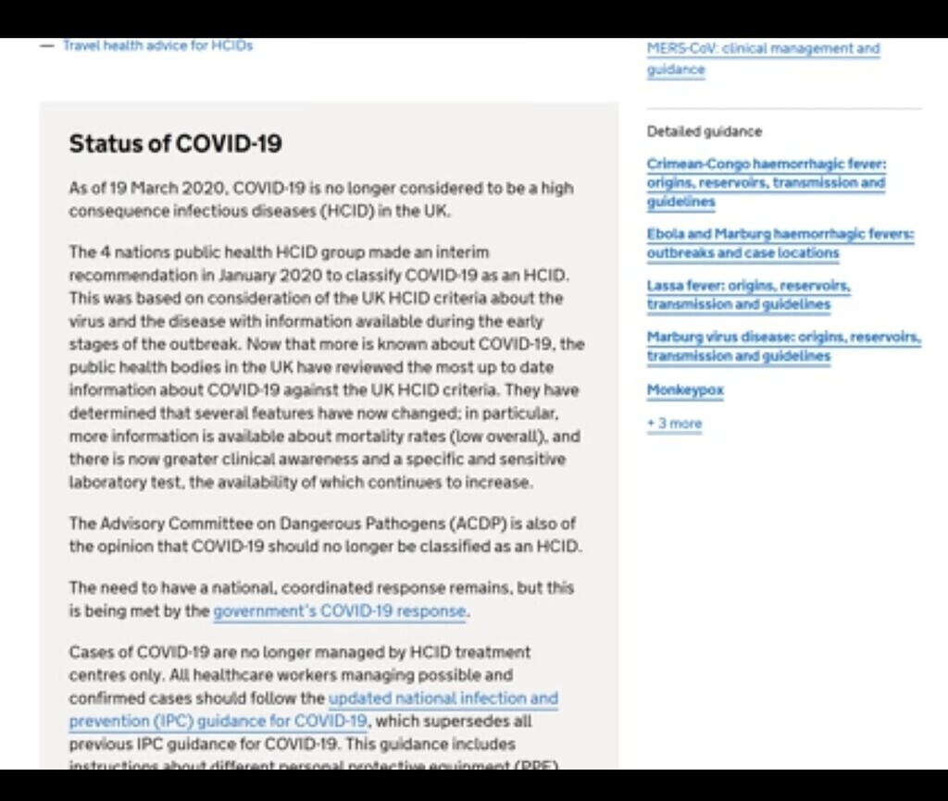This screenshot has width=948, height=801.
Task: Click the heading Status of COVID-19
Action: [x=175, y=144]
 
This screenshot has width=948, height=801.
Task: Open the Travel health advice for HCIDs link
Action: [x=157, y=45]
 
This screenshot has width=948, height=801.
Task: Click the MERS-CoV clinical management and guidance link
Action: [x=763, y=58]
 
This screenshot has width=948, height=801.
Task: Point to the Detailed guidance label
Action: [x=705, y=131]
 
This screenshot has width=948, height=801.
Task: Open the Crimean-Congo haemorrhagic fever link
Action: [x=767, y=182]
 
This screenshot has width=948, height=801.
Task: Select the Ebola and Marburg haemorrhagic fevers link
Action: [x=780, y=243]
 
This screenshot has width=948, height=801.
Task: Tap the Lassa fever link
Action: [x=748, y=295]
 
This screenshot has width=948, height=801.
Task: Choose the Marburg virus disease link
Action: [x=783, y=347]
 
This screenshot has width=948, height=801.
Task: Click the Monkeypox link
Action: [x=685, y=390]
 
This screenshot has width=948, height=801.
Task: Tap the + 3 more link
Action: [x=674, y=424]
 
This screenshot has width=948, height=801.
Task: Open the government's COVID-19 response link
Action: [x=340, y=611]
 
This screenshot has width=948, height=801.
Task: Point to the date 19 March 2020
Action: [x=157, y=189]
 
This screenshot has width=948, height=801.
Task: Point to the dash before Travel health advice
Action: [x=47, y=45]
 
